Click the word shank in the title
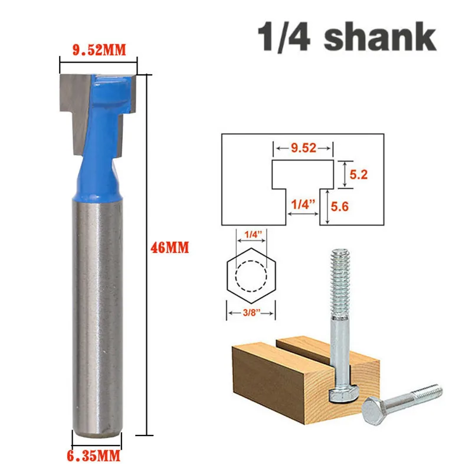coord(380,37)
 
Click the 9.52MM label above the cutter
coord(99,50)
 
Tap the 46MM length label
coord(170,248)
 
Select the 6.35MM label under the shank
coord(94,456)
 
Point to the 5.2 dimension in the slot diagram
coord(359,175)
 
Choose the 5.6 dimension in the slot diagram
coord(340,206)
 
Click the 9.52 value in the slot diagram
coord(303,148)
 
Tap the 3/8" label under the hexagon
coord(251,313)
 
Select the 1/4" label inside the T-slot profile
coord(303,204)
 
